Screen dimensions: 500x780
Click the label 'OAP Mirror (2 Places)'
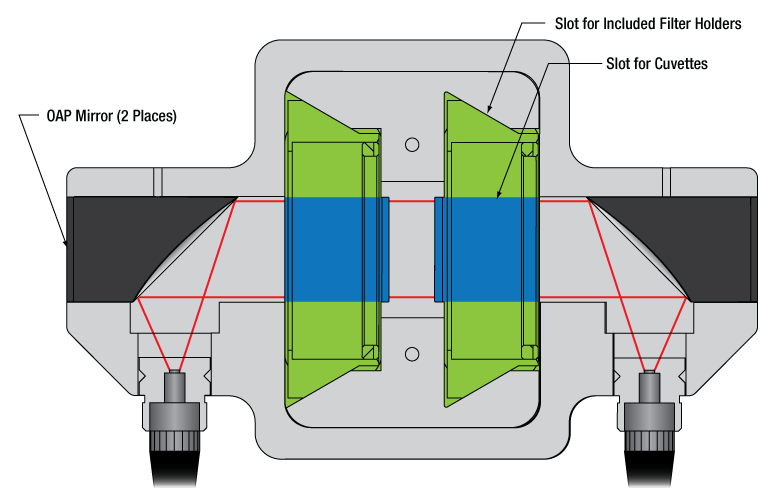[x=97, y=116]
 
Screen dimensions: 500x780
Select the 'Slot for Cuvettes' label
[x=657, y=63]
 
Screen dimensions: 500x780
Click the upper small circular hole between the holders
[x=411, y=145]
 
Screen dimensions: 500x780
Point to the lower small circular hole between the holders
[x=411, y=352]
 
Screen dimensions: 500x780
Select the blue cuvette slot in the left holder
[x=335, y=249]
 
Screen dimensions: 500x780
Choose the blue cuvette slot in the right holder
[x=487, y=249]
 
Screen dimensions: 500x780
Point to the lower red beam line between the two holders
[x=411, y=297]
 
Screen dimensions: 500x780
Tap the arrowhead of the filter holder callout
[x=487, y=108]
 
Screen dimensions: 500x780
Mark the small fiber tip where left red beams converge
[x=175, y=375]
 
